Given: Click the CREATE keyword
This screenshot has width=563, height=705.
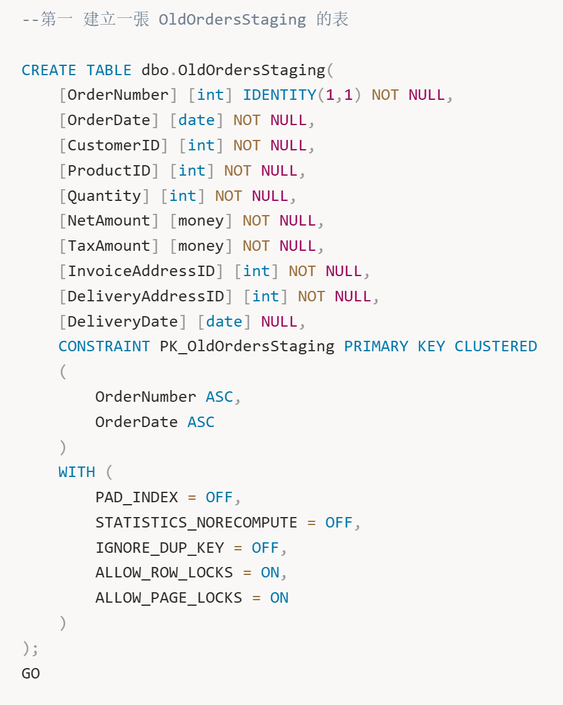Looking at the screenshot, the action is click(49, 70).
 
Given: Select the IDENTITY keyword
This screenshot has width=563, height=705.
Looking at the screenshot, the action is click(280, 95).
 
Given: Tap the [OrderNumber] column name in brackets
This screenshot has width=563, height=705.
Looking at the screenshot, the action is click(118, 95).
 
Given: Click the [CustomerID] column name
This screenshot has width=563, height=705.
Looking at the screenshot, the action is click(114, 145).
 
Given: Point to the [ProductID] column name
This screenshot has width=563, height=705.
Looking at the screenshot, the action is click(109, 171).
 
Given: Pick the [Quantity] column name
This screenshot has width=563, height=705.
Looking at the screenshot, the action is click(104, 196).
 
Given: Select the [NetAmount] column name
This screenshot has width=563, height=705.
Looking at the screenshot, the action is click(109, 221).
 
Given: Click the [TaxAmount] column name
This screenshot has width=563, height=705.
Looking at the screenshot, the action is click(109, 246).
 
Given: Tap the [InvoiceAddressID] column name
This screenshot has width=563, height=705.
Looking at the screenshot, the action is click(141, 271).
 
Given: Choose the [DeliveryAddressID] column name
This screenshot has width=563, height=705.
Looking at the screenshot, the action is click(146, 296).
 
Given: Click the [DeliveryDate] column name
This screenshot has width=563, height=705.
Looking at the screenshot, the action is click(123, 322).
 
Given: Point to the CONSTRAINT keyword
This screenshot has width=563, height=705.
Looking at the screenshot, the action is click(104, 346).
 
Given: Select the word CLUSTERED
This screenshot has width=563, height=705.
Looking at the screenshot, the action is click(496, 346).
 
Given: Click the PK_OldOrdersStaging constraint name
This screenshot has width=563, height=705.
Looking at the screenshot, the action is click(247, 347).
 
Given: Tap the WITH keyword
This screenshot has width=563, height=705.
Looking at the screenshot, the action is click(77, 472).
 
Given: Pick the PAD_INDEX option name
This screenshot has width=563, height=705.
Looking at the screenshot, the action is click(137, 497).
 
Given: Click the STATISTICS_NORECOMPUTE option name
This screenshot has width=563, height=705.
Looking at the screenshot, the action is click(196, 523).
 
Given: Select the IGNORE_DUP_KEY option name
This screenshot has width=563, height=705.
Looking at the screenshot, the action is click(160, 548).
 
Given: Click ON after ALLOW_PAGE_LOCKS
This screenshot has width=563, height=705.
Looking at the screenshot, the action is click(279, 598).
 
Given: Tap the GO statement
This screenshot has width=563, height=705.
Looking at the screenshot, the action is click(31, 674).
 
